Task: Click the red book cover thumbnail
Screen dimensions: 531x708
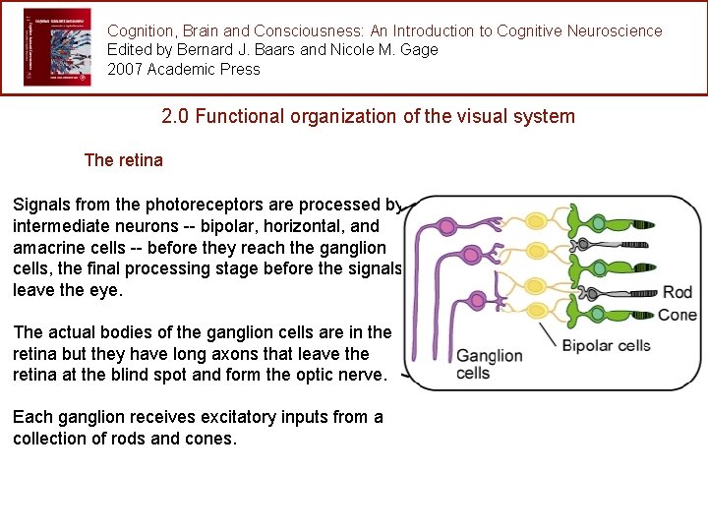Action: click(x=57, y=46)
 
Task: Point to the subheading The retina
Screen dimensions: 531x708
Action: click(x=124, y=159)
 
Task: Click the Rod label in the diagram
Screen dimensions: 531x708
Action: click(x=678, y=292)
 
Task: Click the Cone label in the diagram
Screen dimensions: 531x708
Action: click(x=677, y=315)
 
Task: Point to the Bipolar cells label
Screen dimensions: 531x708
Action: click(x=606, y=346)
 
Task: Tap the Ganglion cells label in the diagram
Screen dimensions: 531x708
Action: click(x=489, y=364)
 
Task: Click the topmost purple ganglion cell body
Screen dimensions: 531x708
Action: click(x=447, y=226)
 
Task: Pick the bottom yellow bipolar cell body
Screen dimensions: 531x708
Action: click(x=539, y=312)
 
